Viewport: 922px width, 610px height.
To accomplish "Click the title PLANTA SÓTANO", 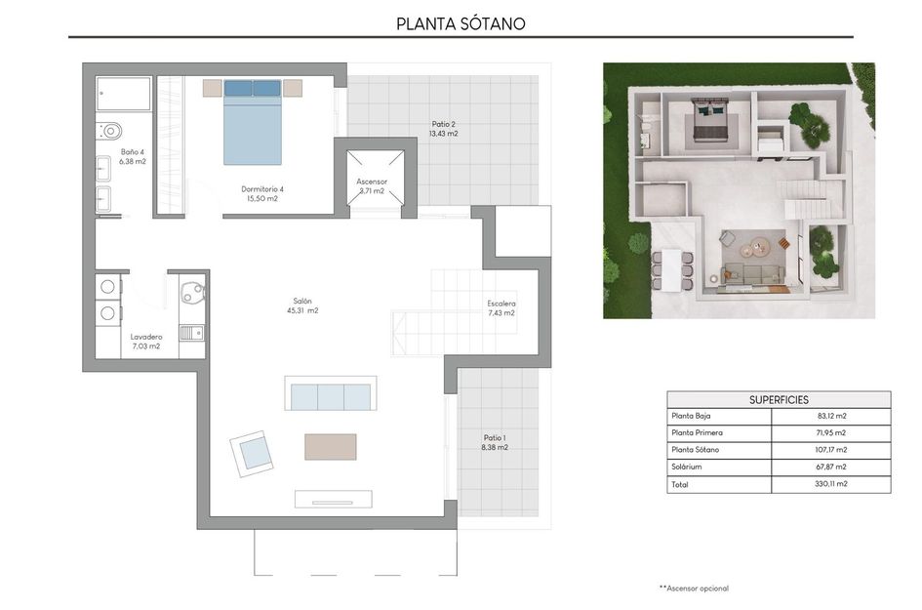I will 461,23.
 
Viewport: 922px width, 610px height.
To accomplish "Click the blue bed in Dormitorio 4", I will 253,122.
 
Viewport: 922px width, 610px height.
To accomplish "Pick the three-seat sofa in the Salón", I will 330,396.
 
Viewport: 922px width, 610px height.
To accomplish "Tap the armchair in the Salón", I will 253,453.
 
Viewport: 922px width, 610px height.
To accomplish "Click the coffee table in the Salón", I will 330,447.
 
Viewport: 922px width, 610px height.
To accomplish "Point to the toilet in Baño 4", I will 109,130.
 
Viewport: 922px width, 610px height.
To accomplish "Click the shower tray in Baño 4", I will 124,95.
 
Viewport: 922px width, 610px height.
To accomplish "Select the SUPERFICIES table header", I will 779,399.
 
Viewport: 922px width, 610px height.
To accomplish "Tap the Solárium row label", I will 687,467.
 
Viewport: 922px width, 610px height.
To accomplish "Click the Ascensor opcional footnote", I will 694,588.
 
